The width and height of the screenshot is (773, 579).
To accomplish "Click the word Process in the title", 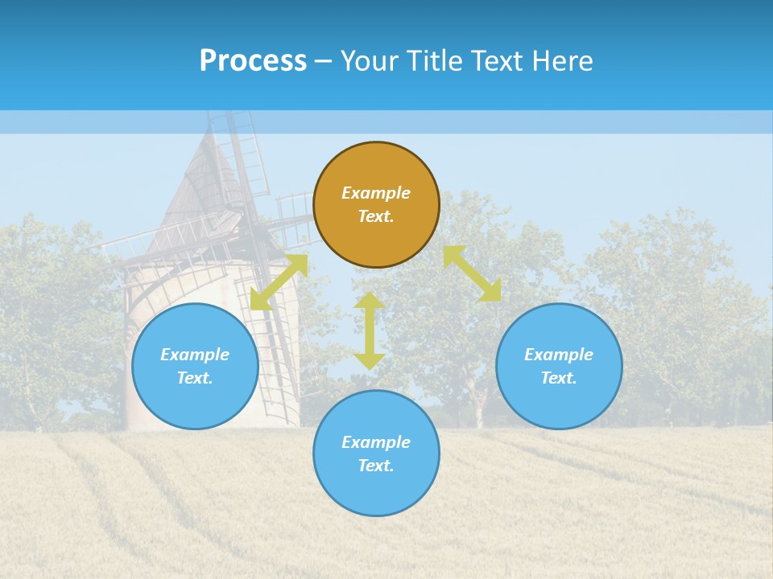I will click(253, 61).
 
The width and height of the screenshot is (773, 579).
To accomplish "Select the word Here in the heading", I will click(561, 61).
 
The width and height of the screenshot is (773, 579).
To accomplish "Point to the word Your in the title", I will click(370, 61).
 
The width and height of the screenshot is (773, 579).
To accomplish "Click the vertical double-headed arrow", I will click(369, 331).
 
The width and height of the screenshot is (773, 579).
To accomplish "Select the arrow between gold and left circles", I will click(279, 282).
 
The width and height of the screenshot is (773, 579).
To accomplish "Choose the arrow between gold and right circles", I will click(472, 273).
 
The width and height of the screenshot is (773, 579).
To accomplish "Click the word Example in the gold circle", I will click(376, 193).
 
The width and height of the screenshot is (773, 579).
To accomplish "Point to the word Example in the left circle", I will click(195, 355).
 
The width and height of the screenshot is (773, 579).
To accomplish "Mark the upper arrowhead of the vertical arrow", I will click(369, 301).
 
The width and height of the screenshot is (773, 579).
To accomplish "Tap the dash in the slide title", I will click(324, 61).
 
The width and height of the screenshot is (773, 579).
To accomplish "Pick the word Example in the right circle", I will click(559, 355).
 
